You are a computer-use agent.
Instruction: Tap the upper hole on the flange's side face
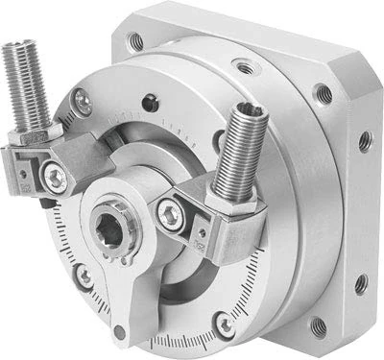(365, 142)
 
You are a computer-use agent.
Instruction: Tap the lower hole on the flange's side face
(361, 284)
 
